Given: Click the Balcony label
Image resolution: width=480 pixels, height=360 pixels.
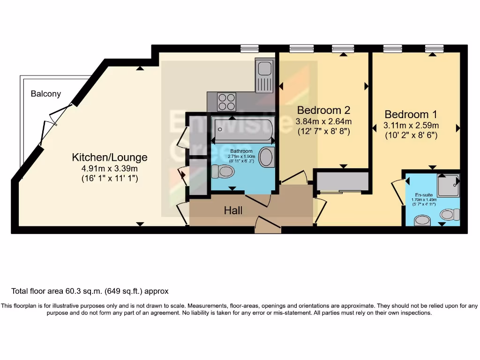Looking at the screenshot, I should coord(46,94).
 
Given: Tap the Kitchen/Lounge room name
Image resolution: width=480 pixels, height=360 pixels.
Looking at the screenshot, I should coord(109,157).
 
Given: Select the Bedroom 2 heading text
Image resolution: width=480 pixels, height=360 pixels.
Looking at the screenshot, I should coord(324,110).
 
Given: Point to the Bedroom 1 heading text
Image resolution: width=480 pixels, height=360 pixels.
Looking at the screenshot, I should coord(411,114).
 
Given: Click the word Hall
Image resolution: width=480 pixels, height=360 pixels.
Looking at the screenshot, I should coord(233,210).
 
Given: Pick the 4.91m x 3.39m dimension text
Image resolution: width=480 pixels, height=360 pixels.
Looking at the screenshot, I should coord(109,168).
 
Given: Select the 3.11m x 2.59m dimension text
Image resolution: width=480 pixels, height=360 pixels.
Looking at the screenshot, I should coord(411,125).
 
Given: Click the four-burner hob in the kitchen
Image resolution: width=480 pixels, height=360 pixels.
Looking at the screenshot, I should coord(227,101).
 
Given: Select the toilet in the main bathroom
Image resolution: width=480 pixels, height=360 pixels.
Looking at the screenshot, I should coord(223,172).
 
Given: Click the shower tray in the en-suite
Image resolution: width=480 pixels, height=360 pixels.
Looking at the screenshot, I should coord(448,186).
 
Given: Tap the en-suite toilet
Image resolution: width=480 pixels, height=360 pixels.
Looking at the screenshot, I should coord(450,215).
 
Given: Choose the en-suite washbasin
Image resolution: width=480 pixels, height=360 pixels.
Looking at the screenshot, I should coord(423,220).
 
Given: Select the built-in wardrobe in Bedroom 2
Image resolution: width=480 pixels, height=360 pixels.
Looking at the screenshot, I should coord(342,182).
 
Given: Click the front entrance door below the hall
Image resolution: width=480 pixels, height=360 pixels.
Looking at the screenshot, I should coord(268,226).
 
